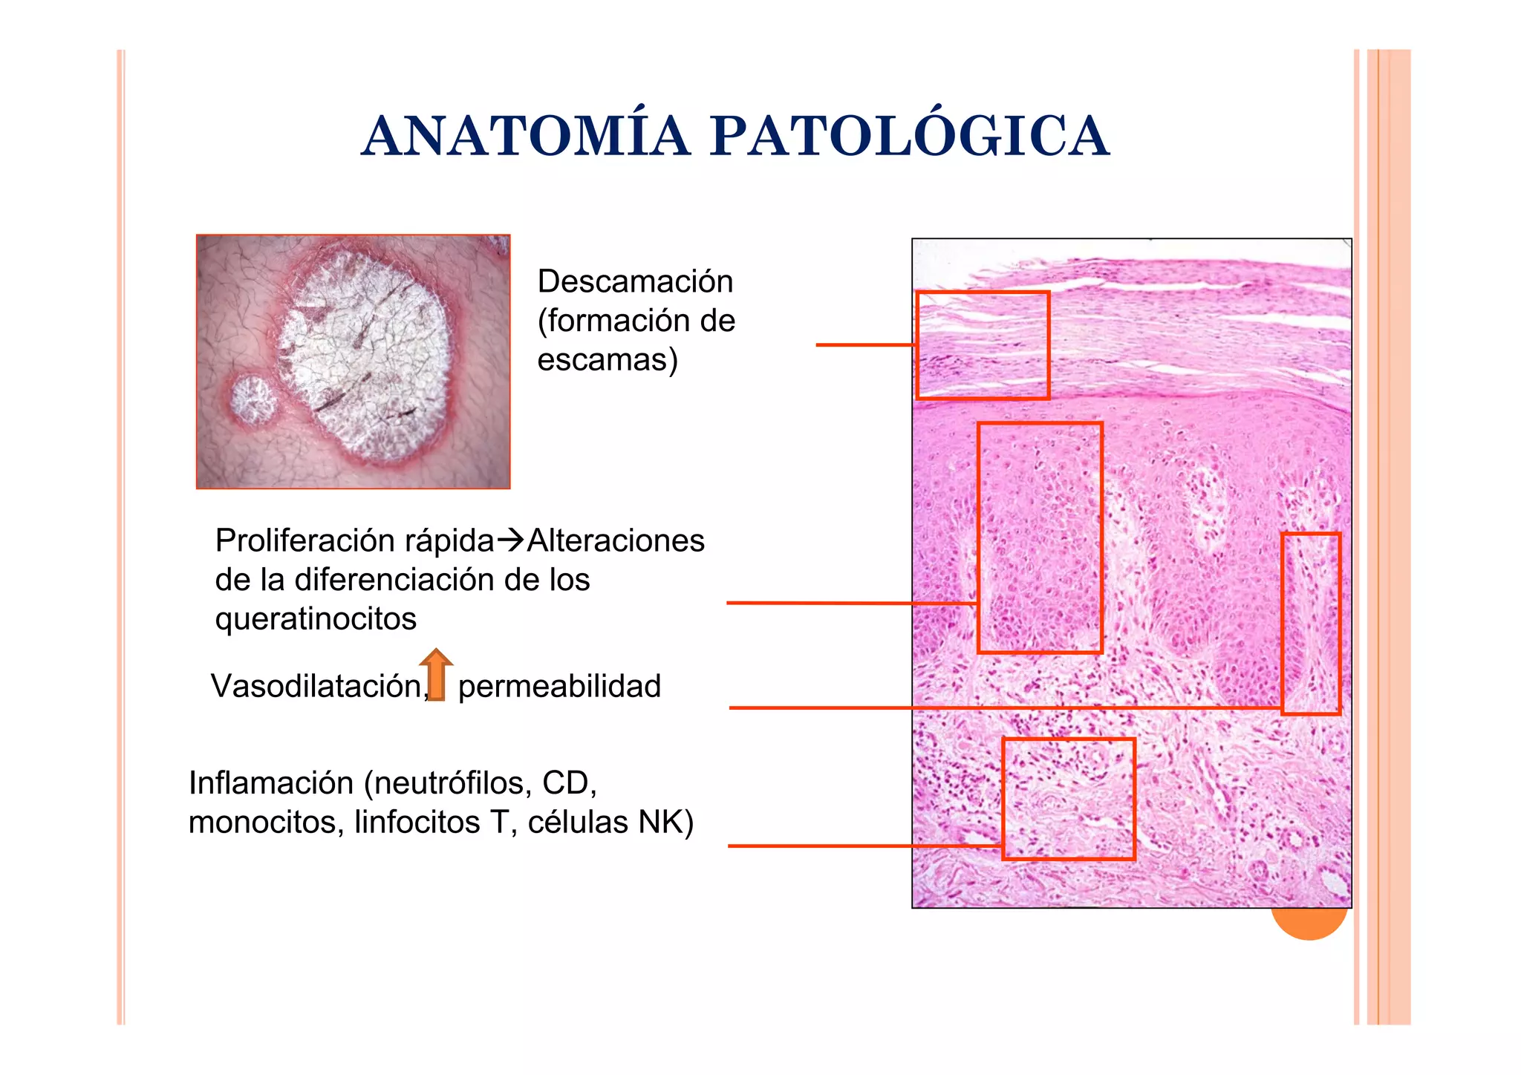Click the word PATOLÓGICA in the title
pos(909,137)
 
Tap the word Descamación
pos(635,282)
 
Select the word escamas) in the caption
pos(608,361)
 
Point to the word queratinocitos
pos(316,619)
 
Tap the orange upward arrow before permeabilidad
pos(437,674)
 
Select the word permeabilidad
pos(559,687)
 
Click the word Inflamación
pos(270,783)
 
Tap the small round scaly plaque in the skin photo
pos(253,400)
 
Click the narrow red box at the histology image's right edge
pos(1311,624)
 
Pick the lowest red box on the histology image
pos(1068,799)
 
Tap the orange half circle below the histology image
pos(1309,924)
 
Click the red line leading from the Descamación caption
pos(865,345)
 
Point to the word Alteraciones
pos(616,541)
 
